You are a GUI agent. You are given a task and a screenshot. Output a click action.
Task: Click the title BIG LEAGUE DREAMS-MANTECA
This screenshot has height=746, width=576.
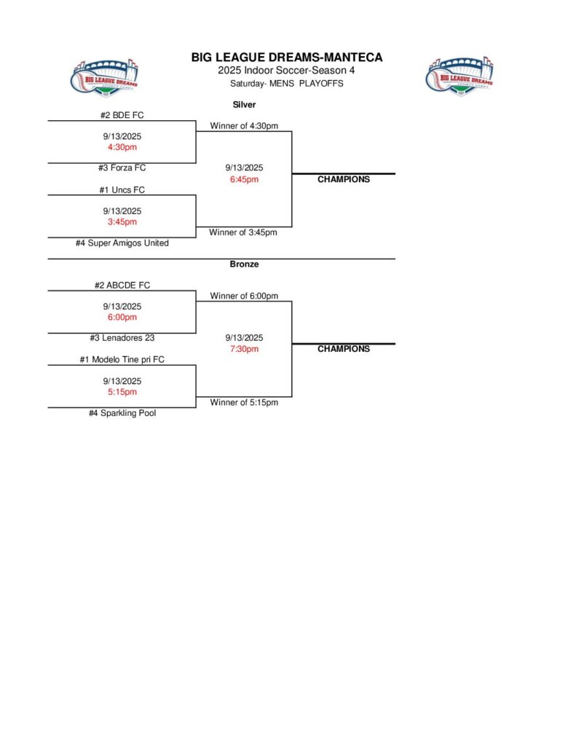tap(287, 58)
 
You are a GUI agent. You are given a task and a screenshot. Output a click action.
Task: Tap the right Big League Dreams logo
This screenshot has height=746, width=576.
tap(459, 74)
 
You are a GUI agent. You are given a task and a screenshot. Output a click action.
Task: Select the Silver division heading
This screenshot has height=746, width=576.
tap(244, 105)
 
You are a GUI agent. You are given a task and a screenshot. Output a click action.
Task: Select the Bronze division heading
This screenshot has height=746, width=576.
tap(244, 264)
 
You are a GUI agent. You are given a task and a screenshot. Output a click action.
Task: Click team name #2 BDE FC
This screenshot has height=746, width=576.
tap(122, 115)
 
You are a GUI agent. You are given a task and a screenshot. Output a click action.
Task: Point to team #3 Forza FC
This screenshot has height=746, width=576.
tap(122, 168)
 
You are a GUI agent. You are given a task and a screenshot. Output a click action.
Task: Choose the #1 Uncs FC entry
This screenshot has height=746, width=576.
tap(122, 190)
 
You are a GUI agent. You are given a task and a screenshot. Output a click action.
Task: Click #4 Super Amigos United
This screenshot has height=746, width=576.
tap(122, 243)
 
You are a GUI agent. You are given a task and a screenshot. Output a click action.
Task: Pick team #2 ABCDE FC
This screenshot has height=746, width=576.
tap(122, 286)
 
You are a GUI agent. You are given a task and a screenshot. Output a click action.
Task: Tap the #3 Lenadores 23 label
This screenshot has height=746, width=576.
tap(122, 338)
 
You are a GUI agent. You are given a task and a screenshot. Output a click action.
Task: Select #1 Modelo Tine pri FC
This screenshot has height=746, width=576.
tap(122, 360)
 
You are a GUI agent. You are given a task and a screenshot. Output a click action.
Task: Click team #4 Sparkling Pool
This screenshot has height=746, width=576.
tap(122, 413)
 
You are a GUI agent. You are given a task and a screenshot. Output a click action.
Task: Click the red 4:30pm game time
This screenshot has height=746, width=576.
tap(122, 147)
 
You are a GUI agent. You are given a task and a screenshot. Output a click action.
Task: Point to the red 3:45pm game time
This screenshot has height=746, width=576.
tap(122, 222)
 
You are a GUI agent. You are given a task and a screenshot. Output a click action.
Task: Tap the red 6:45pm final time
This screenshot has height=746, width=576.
tap(244, 179)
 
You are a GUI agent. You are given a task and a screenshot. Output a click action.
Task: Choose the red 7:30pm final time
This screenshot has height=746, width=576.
tap(244, 349)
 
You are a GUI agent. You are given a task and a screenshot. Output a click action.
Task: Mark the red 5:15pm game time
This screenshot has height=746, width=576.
tap(122, 392)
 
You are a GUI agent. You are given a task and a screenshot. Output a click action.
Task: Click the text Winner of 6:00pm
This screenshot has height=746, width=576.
tap(244, 297)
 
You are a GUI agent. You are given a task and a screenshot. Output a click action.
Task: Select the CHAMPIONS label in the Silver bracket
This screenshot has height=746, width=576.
tap(344, 179)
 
